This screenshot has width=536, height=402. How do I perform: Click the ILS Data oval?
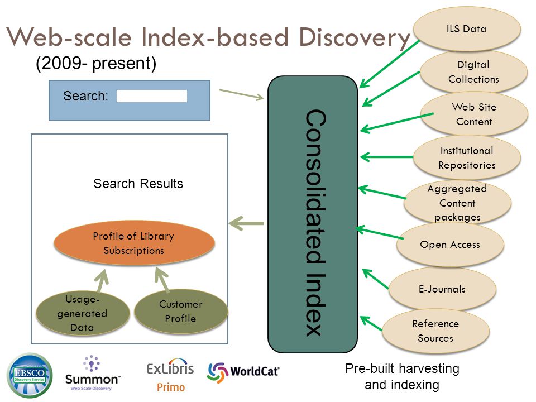pyautogui.click(x=467, y=29)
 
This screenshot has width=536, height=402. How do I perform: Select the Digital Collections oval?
pyautogui.click(x=474, y=72)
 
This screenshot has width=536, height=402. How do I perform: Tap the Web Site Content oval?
pyautogui.click(x=474, y=114)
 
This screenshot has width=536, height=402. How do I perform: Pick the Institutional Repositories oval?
pyautogui.click(x=467, y=157)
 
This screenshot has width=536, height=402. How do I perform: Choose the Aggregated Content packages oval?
pyautogui.click(x=457, y=202)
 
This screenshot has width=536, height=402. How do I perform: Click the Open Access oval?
pyautogui.click(x=450, y=245)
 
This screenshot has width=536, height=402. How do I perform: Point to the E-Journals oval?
pyautogui.click(x=442, y=289)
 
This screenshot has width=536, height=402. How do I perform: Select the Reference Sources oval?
pyautogui.click(x=435, y=331)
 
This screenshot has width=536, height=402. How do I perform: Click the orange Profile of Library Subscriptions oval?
pyautogui.click(x=134, y=243)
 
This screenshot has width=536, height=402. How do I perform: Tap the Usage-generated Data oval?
pyautogui.click(x=83, y=313)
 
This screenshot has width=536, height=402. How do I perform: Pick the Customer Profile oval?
pyautogui.click(x=181, y=312)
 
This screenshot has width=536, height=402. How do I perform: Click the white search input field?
pyautogui.click(x=152, y=96)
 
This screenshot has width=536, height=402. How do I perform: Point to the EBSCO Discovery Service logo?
pyautogui.click(x=30, y=375)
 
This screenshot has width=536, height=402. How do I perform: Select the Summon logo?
pyautogui.click(x=92, y=374)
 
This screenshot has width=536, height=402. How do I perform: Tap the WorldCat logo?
pyautogui.click(x=243, y=372)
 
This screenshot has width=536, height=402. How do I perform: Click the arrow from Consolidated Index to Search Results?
pyautogui.click(x=246, y=223)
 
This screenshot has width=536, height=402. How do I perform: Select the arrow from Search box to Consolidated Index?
pyautogui.click(x=241, y=95)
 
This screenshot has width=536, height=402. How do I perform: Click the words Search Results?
pyautogui.click(x=138, y=184)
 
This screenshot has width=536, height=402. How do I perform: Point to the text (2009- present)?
pyautogui.click(x=96, y=63)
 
